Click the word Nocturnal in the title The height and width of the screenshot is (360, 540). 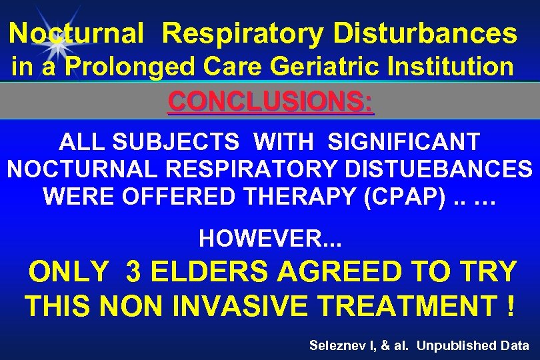pyautogui.click(x=76, y=33)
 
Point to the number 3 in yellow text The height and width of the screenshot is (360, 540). pyautogui.click(x=133, y=272)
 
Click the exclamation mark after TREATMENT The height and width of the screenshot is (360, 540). pyautogui.click(x=510, y=307)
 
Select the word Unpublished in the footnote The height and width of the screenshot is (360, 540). pyautogui.click(x=461, y=345)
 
